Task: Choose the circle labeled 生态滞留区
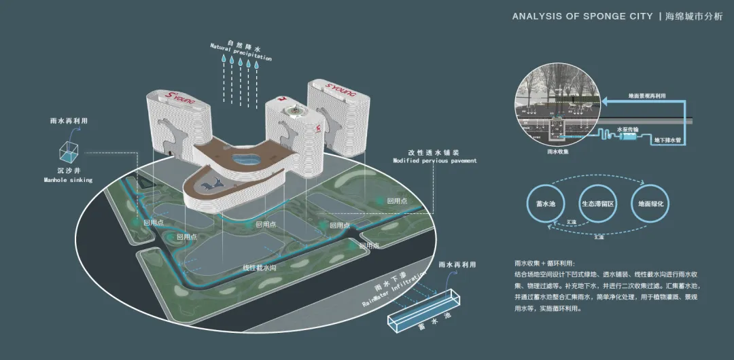tap(597, 203)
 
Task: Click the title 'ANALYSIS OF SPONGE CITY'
tap(582, 16)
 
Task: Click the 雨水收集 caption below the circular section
tap(557, 152)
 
